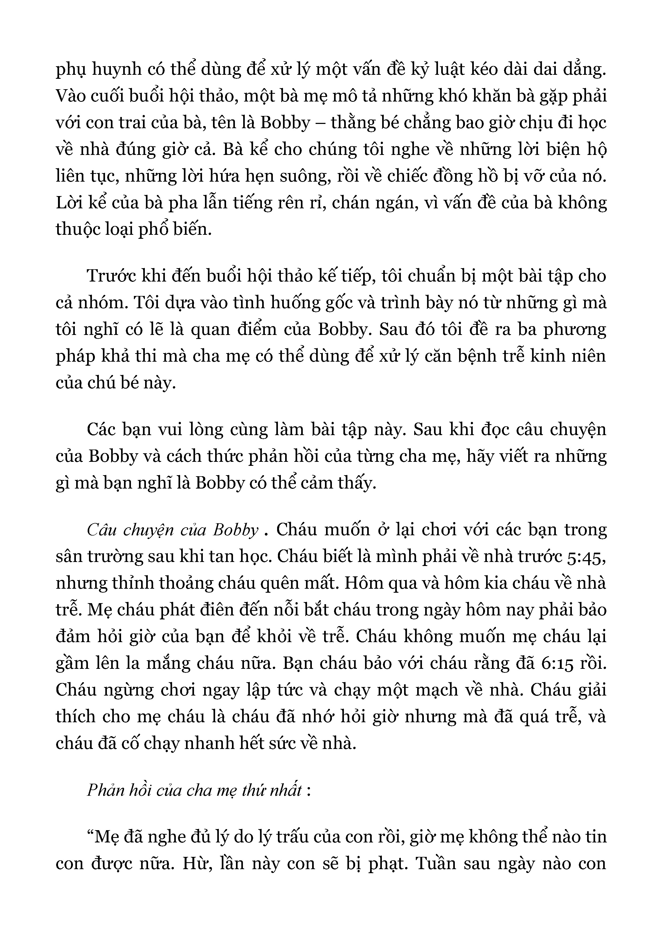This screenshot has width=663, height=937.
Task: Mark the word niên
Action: [587, 356]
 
